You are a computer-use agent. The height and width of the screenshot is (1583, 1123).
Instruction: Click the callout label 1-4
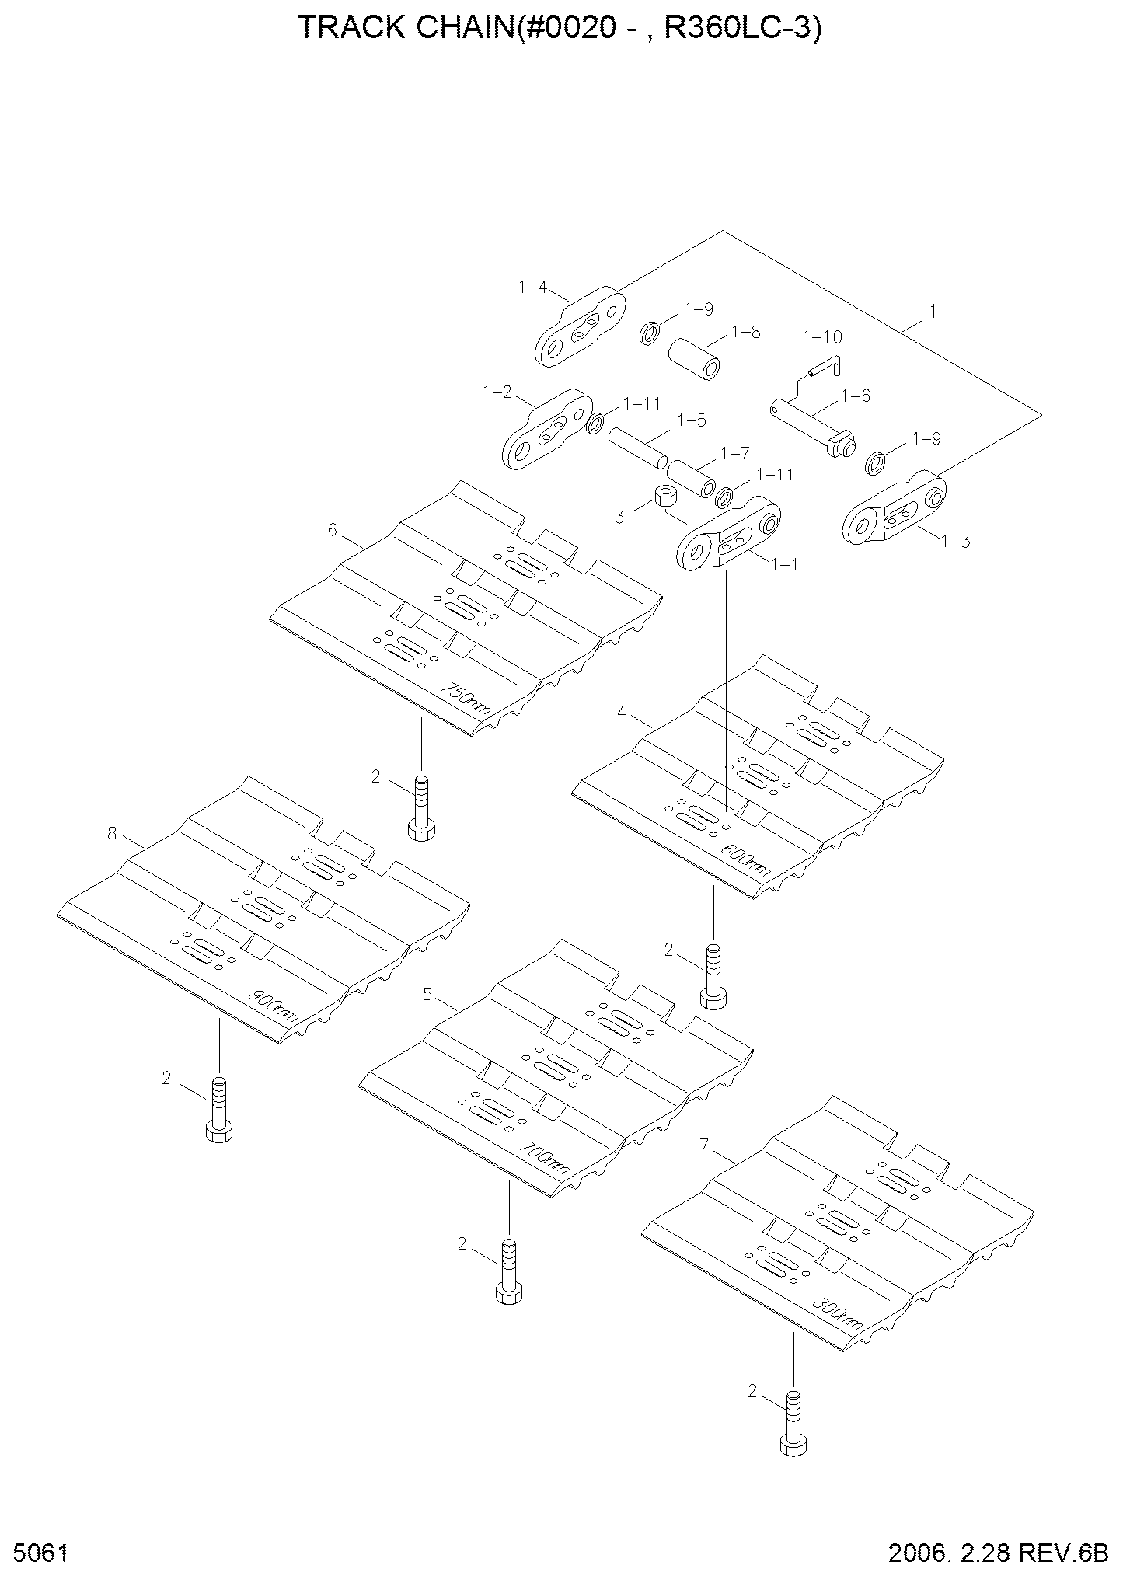(x=532, y=288)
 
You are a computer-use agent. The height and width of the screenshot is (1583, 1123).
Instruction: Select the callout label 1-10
(x=822, y=337)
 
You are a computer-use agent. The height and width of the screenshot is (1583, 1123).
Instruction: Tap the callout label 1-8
(x=746, y=333)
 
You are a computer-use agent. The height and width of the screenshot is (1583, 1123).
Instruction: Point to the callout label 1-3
(x=955, y=541)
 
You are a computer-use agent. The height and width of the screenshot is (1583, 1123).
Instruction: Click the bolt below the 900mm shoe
(x=219, y=1109)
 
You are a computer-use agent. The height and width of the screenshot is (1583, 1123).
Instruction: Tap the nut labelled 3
(x=664, y=495)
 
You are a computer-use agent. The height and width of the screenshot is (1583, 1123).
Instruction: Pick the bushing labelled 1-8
(x=694, y=357)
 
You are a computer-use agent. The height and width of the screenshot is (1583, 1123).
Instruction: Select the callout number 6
(x=332, y=529)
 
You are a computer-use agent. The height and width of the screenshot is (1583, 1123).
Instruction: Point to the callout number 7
(x=704, y=1145)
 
